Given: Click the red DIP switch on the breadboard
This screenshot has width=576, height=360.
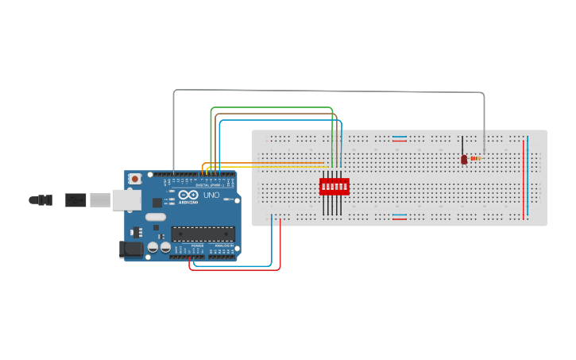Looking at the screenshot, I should click(334, 187).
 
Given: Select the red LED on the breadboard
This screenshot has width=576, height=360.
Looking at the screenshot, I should click(464, 159).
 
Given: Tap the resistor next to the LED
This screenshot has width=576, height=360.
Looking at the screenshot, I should click(475, 158).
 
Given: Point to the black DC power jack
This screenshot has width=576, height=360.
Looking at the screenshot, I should click(130, 250).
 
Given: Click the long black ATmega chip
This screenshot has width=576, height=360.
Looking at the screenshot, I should click(203, 234).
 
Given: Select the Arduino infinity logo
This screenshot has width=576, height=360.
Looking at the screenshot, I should click(189, 195).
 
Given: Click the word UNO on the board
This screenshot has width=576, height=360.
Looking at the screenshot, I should click(211, 195).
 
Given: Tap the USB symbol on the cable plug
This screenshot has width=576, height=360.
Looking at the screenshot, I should click(75, 199).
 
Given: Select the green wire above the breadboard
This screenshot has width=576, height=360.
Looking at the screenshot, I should click(270, 107).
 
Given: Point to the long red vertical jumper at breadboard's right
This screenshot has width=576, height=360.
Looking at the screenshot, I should click(523, 179).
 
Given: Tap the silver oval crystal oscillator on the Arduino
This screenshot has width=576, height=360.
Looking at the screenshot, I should click(156, 217).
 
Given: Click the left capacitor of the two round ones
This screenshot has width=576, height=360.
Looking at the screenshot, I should click(153, 247).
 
